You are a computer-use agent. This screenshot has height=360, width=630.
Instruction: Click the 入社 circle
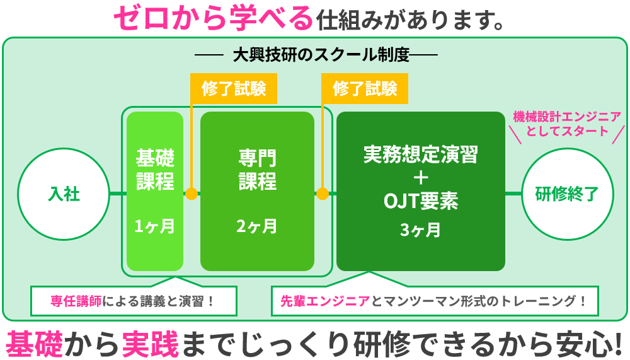pos(64,193)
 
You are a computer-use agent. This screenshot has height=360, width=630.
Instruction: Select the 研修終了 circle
pos(566,193)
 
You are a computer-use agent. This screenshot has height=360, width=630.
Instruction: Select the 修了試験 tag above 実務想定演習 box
pos(365,88)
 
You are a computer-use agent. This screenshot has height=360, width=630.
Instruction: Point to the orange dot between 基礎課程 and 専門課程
pos(192,193)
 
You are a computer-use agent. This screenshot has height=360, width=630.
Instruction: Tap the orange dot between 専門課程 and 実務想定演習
pos(323,193)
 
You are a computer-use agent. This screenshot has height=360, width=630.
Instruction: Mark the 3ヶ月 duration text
pos(421,231)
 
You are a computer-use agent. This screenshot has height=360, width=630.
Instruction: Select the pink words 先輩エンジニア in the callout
pos(325,301)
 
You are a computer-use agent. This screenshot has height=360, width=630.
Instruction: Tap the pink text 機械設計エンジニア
pos(566,117)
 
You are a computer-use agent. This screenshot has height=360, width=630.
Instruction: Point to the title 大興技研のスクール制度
pos(321,55)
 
